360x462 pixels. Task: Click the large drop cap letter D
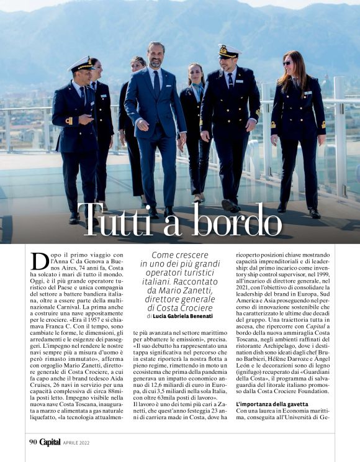[40, 261]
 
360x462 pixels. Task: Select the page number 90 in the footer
[33, 442]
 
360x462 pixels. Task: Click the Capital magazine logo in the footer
[50, 442]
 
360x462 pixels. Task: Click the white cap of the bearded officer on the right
[230, 50]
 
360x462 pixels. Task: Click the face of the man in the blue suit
[156, 57]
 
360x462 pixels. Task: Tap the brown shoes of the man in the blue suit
[160, 212]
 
